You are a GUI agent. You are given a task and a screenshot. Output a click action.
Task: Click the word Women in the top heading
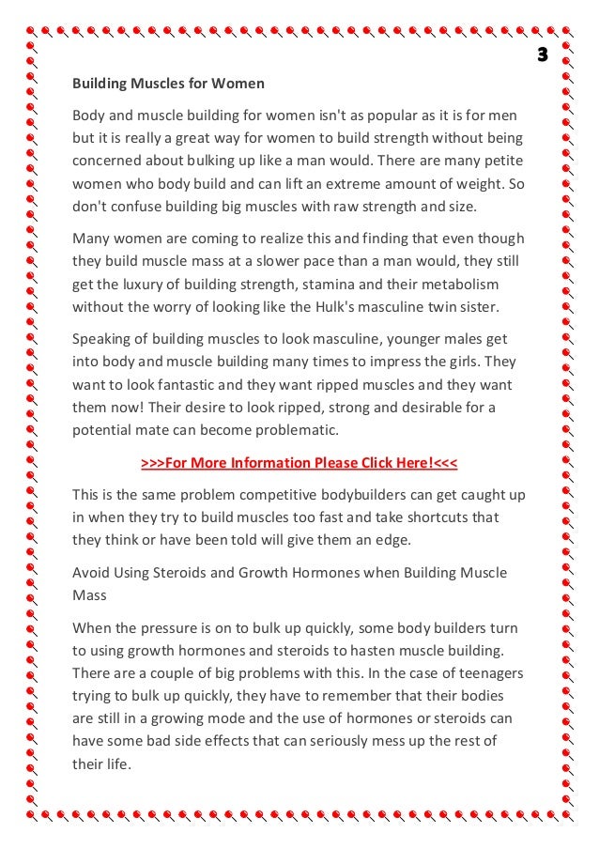tap(239, 84)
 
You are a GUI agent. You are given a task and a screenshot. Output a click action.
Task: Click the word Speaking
tap(103, 339)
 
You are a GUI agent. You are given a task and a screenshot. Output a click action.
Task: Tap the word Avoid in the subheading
tap(91, 572)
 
